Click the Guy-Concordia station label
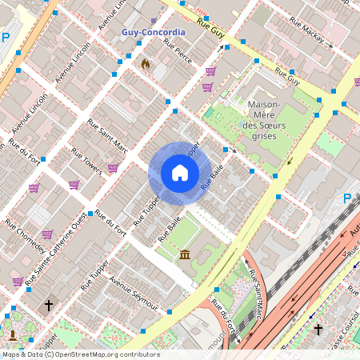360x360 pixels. click(x=154, y=32)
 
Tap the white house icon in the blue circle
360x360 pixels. click(x=180, y=173)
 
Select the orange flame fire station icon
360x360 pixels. click(x=145, y=63)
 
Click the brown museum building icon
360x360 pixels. click(x=186, y=255)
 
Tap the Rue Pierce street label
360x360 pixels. click(x=178, y=60)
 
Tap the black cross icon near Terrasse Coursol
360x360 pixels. click(x=318, y=329)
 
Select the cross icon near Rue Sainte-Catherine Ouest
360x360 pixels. click(x=49, y=306)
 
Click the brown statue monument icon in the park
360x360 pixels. click(x=13, y=334)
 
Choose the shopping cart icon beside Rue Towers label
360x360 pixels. click(x=114, y=168)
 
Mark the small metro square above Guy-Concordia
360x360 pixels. click(x=154, y=20)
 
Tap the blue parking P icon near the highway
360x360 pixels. click(x=346, y=198)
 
